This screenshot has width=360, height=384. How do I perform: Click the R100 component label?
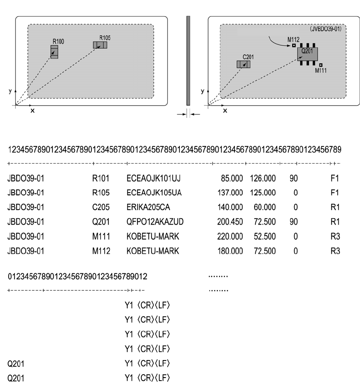tap(59, 41)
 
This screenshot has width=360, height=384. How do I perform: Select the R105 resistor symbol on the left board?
tap(100, 45)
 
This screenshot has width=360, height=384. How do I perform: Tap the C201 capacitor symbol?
tap(243, 64)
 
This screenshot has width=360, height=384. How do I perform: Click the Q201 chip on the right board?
tap(307, 54)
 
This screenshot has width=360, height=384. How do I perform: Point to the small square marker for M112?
tap(294, 45)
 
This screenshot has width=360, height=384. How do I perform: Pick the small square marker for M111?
tap(321, 65)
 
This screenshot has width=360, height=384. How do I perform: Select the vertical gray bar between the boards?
tap(188, 60)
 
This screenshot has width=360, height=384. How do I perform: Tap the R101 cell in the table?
tap(101, 178)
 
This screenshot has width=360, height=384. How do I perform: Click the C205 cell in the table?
tap(101, 207)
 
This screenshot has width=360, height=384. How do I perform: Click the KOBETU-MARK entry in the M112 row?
tap(152, 251)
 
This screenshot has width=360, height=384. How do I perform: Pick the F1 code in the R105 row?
tap(335, 193)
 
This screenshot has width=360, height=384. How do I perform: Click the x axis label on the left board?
tap(32, 110)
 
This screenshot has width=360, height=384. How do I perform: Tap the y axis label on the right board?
tap(201, 91)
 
